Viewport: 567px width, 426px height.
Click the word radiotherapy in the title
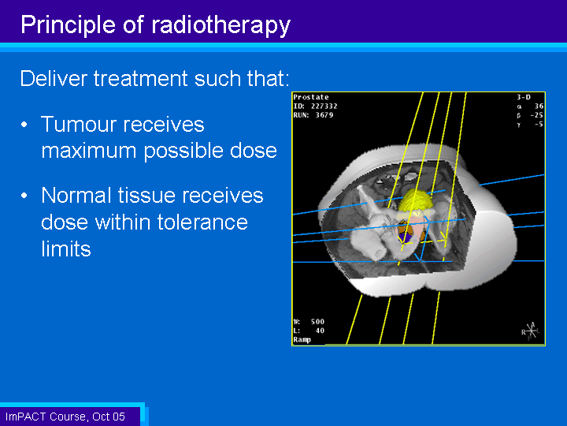[220, 25]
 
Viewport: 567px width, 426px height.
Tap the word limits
[66, 248]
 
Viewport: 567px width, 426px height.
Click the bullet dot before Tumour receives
[24, 125]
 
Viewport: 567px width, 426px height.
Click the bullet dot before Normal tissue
[24, 196]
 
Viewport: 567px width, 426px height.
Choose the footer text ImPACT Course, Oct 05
[65, 417]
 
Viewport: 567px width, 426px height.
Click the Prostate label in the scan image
[311, 97]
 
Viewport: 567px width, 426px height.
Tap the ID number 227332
[324, 106]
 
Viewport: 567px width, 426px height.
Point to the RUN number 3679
[324, 115]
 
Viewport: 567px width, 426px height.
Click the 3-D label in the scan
[524, 97]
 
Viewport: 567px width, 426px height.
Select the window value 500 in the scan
[317, 322]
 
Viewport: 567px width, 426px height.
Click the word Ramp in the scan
[302, 340]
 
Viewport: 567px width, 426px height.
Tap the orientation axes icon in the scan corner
[531, 331]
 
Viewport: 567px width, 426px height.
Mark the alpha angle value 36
[539, 106]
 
